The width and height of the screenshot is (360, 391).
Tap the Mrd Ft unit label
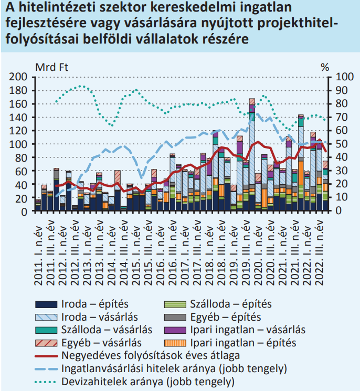point(51,67)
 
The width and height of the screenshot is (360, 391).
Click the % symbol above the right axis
point(325,67)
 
